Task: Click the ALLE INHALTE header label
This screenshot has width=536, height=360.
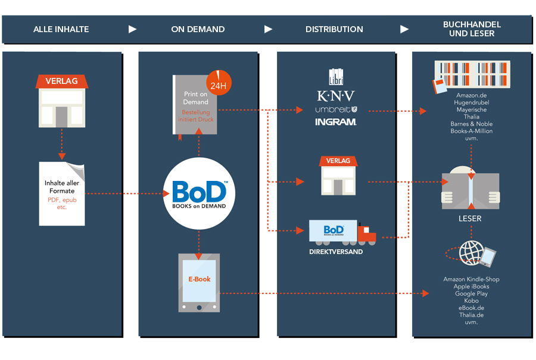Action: tap(61, 29)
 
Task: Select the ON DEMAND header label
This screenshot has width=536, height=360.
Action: tap(198, 29)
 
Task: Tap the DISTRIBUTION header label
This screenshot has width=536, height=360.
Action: tap(334, 29)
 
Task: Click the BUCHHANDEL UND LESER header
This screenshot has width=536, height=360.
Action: tap(472, 29)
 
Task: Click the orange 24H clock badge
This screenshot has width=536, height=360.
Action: tap(219, 83)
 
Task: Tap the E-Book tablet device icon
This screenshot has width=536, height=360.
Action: tap(199, 283)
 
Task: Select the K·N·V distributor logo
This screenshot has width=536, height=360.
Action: tap(335, 96)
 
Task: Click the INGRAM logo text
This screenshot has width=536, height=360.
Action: tap(335, 122)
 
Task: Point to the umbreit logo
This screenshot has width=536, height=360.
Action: tap(335, 109)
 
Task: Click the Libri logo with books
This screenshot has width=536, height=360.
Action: tap(336, 77)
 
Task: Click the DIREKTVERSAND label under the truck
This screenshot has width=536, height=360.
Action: tap(336, 252)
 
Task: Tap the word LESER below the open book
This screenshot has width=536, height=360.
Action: tap(470, 218)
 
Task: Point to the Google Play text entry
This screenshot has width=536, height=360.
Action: tap(471, 294)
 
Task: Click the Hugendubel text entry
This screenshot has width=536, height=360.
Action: tap(471, 102)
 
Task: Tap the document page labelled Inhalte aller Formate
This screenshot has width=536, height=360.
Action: tap(62, 193)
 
